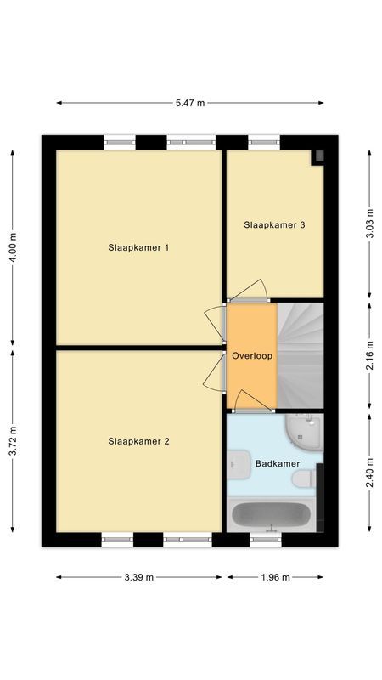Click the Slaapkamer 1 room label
pos(138,248)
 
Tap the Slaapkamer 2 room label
pos(138,441)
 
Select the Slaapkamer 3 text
pos(274,225)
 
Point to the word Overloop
pos(252,356)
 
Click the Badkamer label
pos(274,463)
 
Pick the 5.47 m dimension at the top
pos(190,103)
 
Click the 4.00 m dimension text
pos(13,248)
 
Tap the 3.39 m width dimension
pos(138,577)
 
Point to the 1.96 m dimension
pos(275,577)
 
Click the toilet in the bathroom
pos(303,480)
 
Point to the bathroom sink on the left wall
pos(235,464)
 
